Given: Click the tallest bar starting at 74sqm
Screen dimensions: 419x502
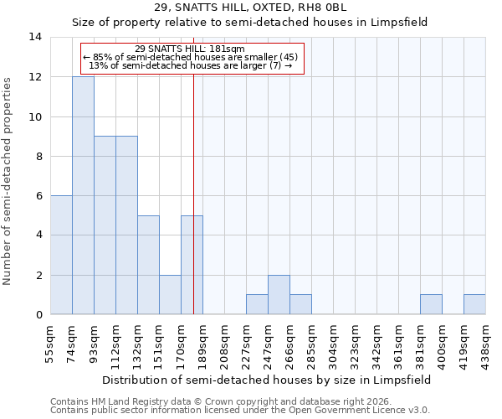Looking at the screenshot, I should point(83,195).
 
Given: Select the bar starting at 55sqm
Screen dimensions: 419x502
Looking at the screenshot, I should point(61,255).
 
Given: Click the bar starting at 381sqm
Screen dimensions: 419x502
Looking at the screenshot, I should point(431,304).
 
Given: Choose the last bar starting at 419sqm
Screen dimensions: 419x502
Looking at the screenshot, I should point(474,304).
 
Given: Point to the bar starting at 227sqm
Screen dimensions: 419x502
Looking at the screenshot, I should point(257,304).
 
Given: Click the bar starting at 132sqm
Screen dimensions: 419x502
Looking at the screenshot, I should point(148,265).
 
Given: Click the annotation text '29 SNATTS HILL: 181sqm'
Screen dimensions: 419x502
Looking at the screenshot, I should point(190,49).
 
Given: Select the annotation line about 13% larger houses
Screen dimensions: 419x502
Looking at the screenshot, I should point(190,65).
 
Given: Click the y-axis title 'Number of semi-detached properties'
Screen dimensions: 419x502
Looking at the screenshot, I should point(8,180).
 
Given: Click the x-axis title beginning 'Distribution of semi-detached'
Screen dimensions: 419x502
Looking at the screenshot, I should point(268,380).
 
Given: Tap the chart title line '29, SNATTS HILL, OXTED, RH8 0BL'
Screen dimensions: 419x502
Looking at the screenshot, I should point(250,8).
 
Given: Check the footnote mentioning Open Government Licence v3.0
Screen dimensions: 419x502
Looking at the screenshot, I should point(240,411).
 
